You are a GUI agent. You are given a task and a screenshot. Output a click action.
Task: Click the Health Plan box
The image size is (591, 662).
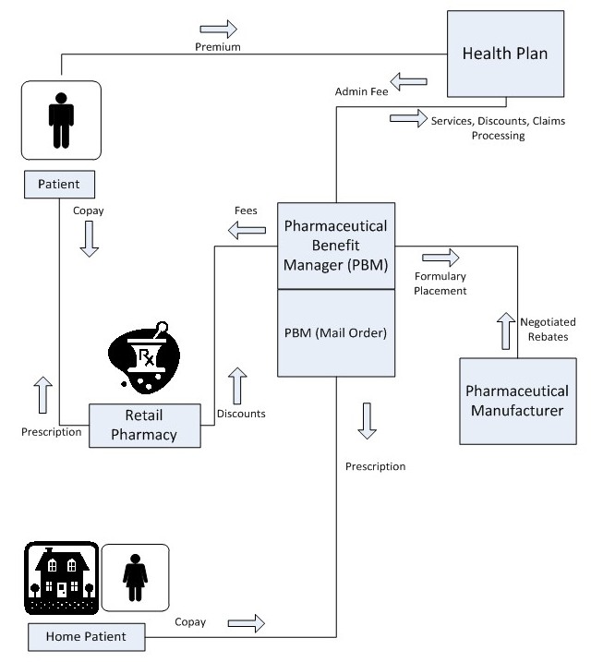505,54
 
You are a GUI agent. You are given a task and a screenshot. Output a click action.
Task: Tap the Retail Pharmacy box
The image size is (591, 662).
144,424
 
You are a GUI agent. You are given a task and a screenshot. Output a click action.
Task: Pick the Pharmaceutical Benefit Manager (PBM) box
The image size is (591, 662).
336,246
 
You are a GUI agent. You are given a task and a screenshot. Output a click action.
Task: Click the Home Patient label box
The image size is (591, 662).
87,635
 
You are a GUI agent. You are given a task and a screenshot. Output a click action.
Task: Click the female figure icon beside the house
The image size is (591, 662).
135,577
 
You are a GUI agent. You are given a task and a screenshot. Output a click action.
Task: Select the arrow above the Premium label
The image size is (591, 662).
218,28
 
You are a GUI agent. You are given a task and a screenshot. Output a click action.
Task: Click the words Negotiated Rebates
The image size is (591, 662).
549,330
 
